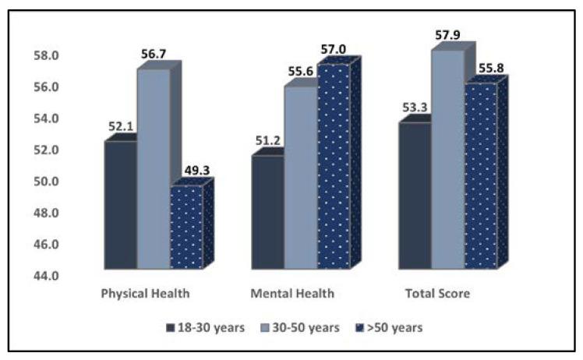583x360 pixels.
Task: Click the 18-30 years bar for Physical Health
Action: [x=120, y=205]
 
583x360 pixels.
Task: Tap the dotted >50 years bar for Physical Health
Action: [x=186, y=228]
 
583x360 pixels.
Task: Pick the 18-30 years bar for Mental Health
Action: [x=267, y=213]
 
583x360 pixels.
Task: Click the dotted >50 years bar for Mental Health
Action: [x=333, y=167]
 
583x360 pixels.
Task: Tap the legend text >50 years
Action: [x=396, y=328]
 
